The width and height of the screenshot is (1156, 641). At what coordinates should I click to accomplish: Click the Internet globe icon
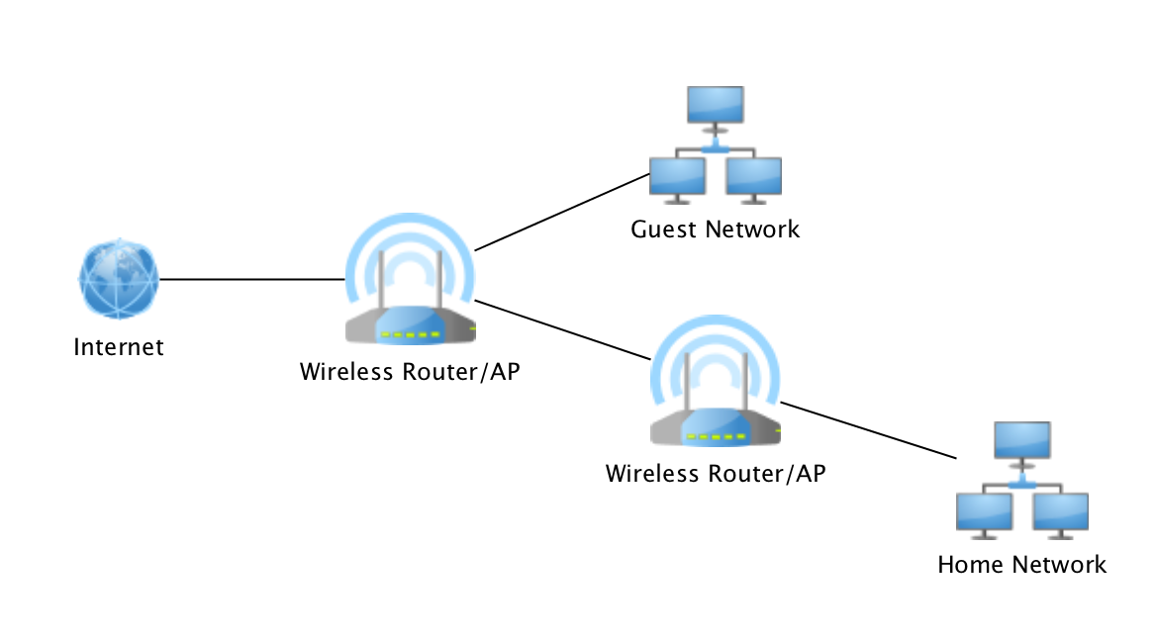tap(119, 280)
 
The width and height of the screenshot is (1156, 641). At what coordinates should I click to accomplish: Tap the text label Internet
tap(119, 347)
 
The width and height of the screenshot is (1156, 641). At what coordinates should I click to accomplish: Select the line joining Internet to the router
tap(252, 280)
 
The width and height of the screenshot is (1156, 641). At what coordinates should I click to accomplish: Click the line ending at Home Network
tap(871, 430)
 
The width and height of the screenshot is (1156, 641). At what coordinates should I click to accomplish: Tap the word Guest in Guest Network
tap(664, 230)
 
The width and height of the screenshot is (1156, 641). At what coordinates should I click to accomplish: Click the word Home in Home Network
tap(969, 566)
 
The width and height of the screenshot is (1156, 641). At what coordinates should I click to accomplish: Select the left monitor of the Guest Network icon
tap(678, 175)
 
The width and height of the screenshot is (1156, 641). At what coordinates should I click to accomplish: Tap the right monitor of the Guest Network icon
tap(753, 175)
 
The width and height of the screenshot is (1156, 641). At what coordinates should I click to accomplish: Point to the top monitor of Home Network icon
tap(1021, 439)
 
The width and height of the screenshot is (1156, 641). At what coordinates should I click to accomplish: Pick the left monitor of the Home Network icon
tap(985, 512)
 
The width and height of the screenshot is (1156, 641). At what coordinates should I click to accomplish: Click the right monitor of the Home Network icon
tap(1060, 512)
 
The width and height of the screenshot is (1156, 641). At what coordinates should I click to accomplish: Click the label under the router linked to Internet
tap(410, 373)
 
